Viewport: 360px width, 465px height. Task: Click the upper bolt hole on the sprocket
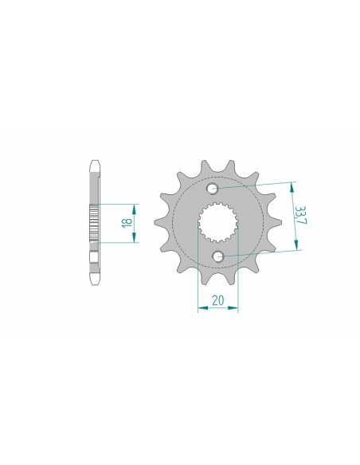click(x=214, y=190)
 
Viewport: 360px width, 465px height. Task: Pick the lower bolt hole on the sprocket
click(x=221, y=256)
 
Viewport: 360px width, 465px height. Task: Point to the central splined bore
click(x=217, y=222)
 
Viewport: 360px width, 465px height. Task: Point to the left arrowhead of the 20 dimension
click(x=199, y=311)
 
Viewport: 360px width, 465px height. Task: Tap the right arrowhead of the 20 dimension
click(x=237, y=311)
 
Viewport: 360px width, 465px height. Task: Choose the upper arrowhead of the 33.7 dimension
click(x=293, y=183)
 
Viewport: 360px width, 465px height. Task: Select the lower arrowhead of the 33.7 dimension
click(x=300, y=248)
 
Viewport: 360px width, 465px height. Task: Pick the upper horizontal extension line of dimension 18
click(x=119, y=202)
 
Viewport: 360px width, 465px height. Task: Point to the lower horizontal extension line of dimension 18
click(x=119, y=241)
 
